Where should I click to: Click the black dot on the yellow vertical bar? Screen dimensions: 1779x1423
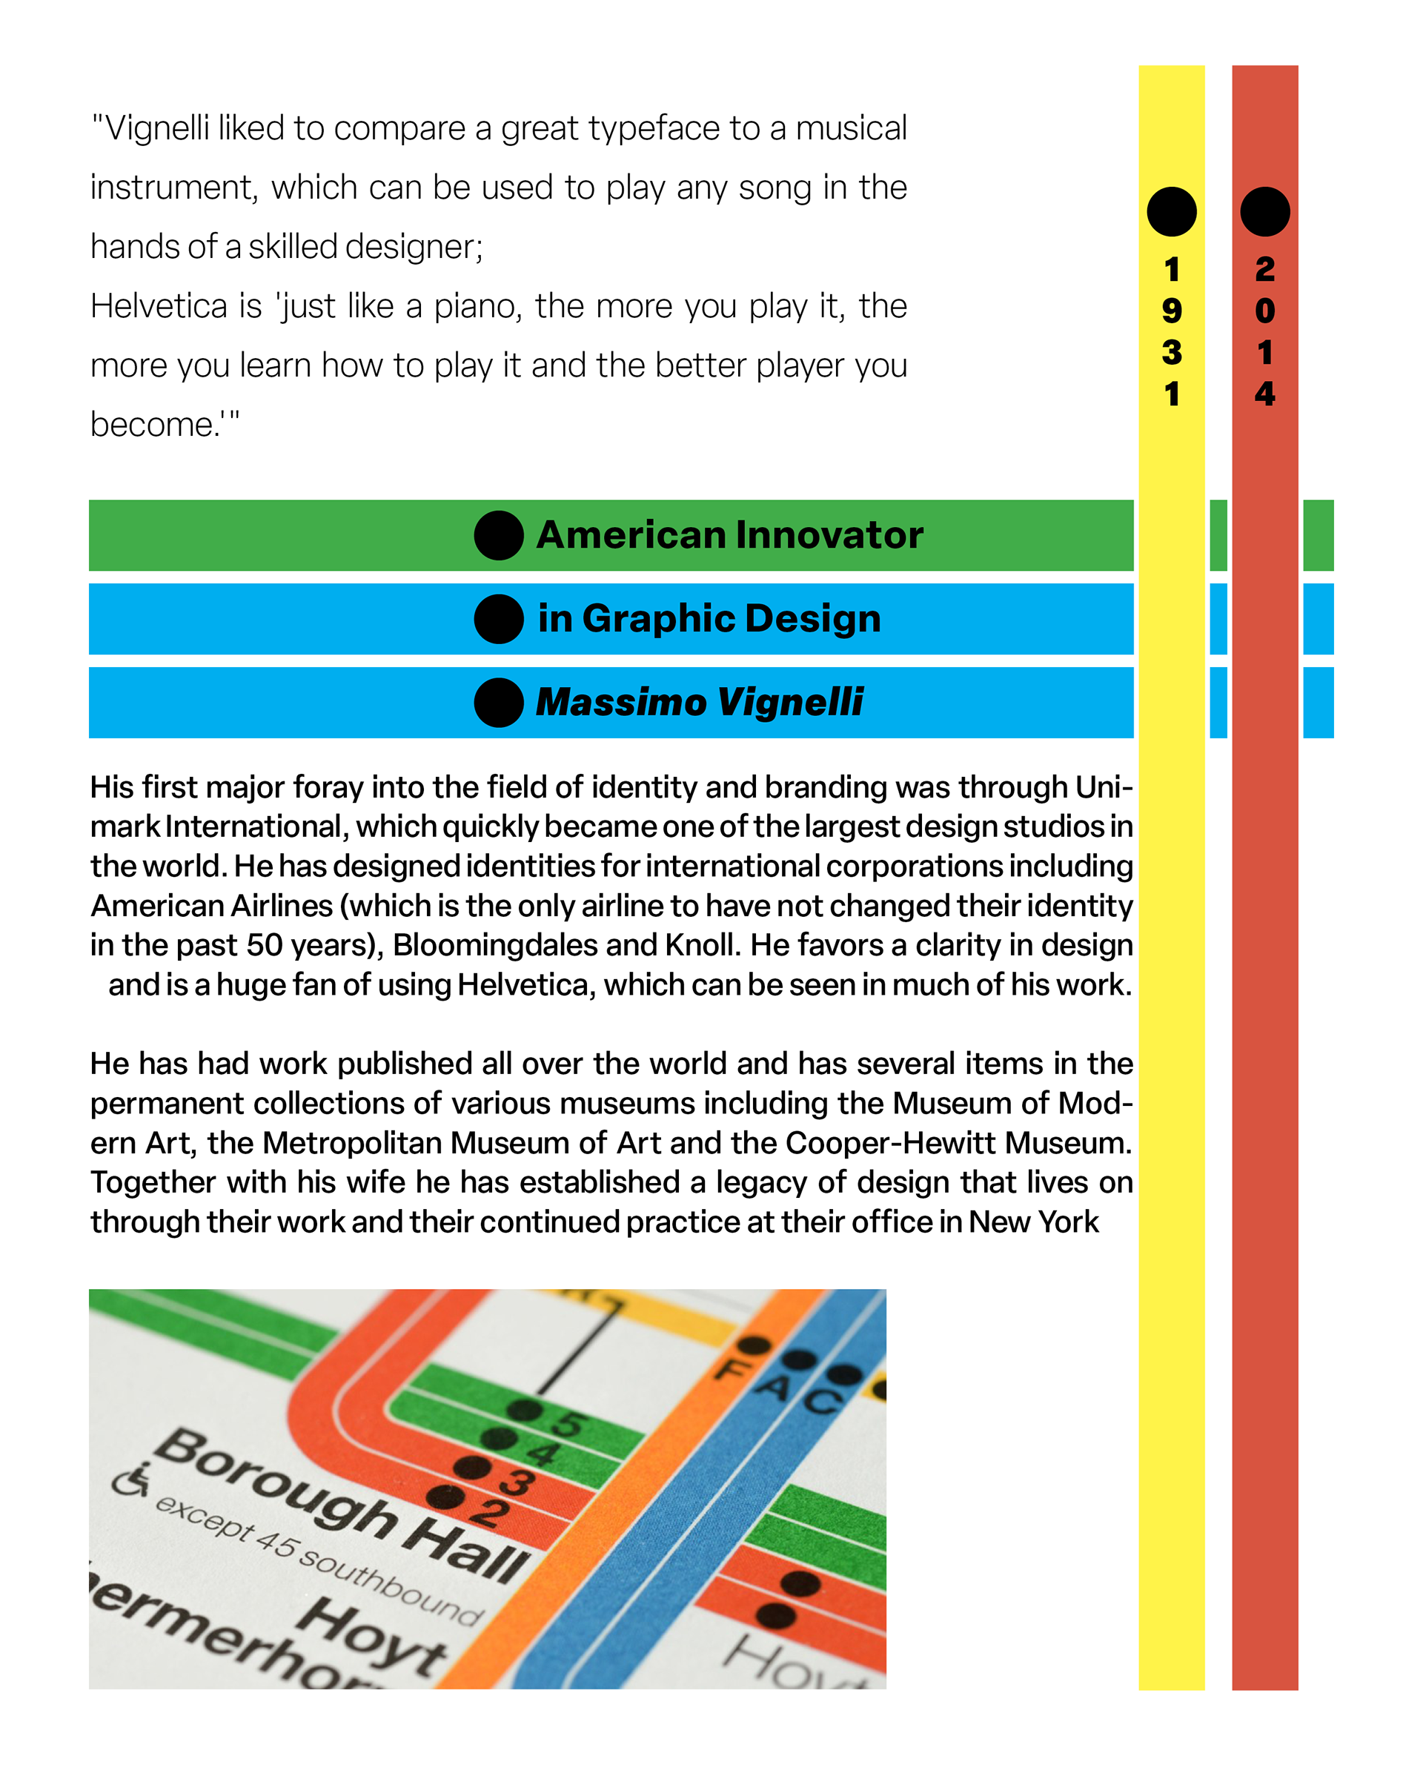pyautogui.click(x=1172, y=211)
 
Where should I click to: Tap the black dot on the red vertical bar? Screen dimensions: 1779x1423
pyautogui.click(x=1264, y=211)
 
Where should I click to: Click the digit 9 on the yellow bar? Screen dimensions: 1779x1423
pyautogui.click(x=1172, y=311)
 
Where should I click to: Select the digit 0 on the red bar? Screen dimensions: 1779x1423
pyautogui.click(x=1264, y=311)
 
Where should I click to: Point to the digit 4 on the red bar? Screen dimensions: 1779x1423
pyautogui.click(x=1264, y=394)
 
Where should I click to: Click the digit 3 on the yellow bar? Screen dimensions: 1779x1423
pyautogui.click(x=1172, y=352)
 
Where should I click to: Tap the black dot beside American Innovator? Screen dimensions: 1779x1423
pyautogui.click(x=498, y=534)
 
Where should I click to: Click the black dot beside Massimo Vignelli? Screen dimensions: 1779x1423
pyautogui.click(x=498, y=702)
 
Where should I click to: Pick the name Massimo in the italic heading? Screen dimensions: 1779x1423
pyautogui.click(x=621, y=702)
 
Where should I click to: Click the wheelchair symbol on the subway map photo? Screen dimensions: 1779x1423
pyautogui.click(x=131, y=1480)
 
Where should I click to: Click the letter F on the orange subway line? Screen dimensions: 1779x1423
pyautogui.click(x=731, y=1371)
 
